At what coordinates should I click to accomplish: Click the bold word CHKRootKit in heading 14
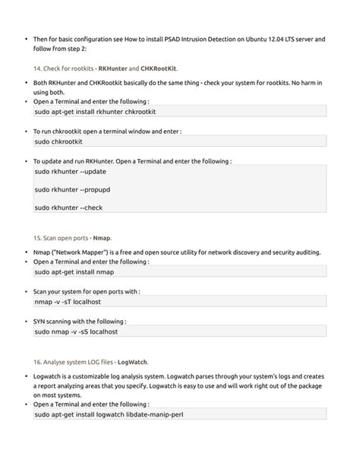click(159, 68)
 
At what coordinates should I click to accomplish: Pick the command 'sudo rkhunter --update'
click(70, 172)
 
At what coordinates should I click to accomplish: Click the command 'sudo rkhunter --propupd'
click(73, 189)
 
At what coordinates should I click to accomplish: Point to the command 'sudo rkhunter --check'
click(69, 206)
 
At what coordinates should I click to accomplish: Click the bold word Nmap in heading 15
click(102, 238)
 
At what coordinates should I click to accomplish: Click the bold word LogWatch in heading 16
click(132, 363)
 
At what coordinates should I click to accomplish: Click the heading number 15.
click(38, 238)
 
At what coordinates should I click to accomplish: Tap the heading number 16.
click(38, 363)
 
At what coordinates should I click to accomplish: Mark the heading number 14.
click(38, 68)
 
